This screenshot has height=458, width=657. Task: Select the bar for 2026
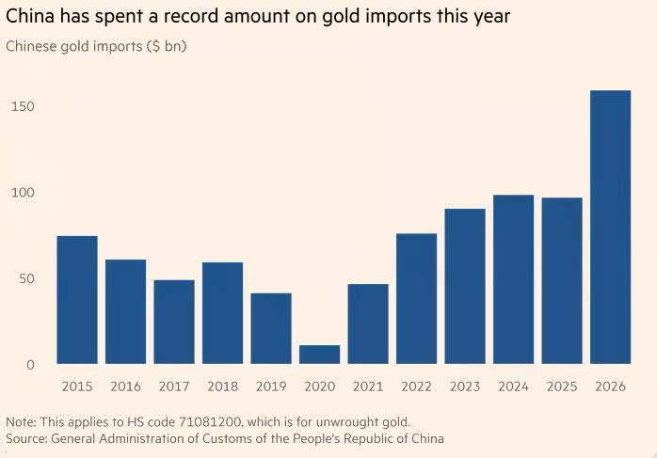(x=610, y=227)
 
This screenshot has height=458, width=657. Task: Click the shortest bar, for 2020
(x=319, y=355)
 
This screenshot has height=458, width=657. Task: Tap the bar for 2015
(x=77, y=300)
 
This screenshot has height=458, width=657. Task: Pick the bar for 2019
(x=271, y=328)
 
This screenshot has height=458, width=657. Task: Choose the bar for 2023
(x=465, y=286)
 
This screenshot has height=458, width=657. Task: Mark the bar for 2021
(x=368, y=324)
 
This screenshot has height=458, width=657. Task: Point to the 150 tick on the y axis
(x=23, y=106)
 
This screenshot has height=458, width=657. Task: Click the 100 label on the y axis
(x=23, y=193)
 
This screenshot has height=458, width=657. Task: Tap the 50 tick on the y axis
(x=26, y=278)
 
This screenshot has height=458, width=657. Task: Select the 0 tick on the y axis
(x=30, y=365)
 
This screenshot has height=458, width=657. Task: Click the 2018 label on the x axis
(x=222, y=387)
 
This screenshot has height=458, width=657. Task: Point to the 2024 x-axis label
(x=513, y=387)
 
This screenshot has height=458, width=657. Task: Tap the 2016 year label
(x=126, y=387)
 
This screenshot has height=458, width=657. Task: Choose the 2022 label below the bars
(x=416, y=387)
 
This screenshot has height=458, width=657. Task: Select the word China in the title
(x=30, y=17)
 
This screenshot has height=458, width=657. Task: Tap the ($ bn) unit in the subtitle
(x=167, y=46)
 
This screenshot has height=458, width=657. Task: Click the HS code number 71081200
(x=210, y=422)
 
